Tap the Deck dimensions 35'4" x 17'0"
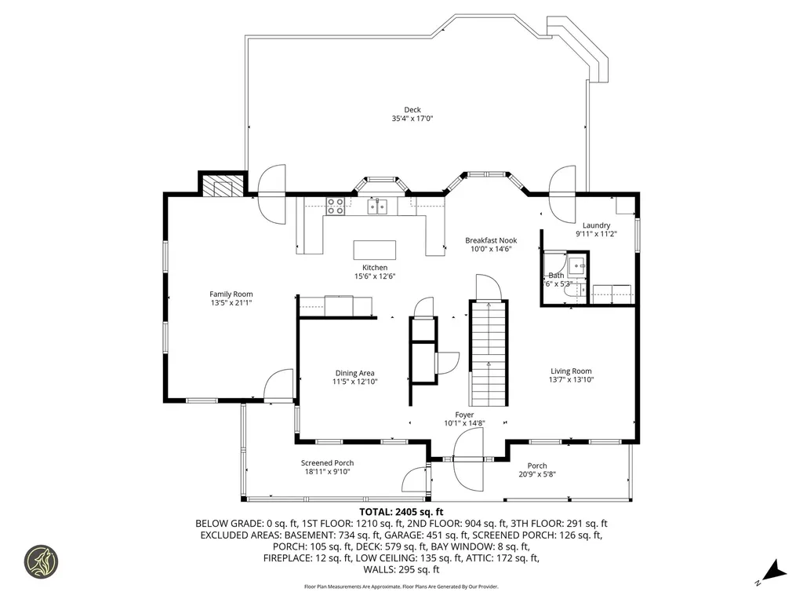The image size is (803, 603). click(x=412, y=119)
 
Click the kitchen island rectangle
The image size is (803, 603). click(x=374, y=250)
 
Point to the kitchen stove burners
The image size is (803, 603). click(x=336, y=206)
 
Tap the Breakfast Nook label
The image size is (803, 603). click(x=490, y=240)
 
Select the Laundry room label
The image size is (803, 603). click(x=596, y=225)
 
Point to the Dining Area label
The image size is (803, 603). click(x=354, y=373)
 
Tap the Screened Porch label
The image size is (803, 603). click(x=327, y=463)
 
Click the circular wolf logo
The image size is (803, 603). click(x=42, y=562)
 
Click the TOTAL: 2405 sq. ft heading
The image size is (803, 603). click(x=401, y=512)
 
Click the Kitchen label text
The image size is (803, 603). click(x=374, y=268)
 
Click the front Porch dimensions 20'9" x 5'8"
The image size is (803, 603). click(x=537, y=474)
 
